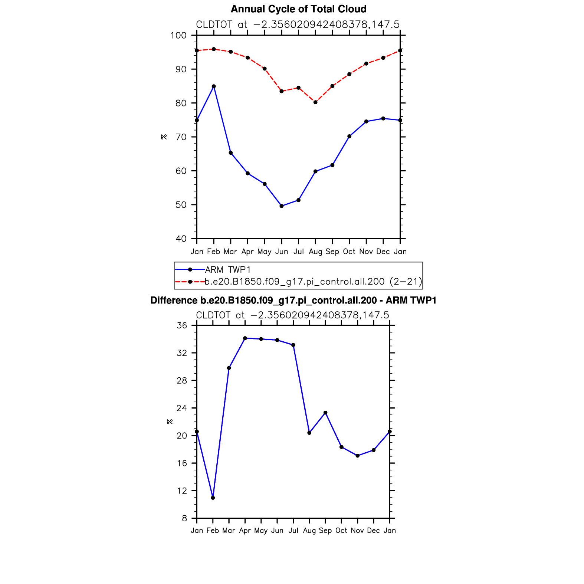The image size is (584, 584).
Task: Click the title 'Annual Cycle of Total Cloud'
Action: pyautogui.click(x=298, y=9)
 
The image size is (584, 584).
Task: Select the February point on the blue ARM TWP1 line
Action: pyautogui.click(x=214, y=86)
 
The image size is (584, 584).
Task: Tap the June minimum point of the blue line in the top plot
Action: pyautogui.click(x=282, y=206)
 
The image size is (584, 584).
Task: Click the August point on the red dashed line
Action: pyautogui.click(x=315, y=102)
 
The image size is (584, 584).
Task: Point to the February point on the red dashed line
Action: pyautogui.click(x=214, y=49)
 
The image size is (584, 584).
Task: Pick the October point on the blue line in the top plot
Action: pyautogui.click(x=349, y=136)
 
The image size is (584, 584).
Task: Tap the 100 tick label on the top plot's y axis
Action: pyautogui.click(x=178, y=36)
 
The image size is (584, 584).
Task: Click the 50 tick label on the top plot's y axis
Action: pyautogui.click(x=181, y=205)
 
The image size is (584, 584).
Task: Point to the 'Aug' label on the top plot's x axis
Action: pyautogui.click(x=315, y=252)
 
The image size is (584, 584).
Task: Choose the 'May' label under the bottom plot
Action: pyautogui.click(x=261, y=531)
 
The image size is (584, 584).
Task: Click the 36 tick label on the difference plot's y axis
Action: pyautogui.click(x=182, y=326)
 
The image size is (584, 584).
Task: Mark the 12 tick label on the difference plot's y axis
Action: pyautogui.click(x=182, y=491)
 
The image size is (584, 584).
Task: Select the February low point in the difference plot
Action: pyautogui.click(x=213, y=498)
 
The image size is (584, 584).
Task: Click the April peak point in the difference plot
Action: pyautogui.click(x=245, y=338)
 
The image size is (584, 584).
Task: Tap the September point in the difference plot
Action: pyautogui.click(x=325, y=413)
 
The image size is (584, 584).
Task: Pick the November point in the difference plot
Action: pyautogui.click(x=357, y=456)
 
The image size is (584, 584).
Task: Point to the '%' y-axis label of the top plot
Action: pyautogui.click(x=164, y=137)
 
